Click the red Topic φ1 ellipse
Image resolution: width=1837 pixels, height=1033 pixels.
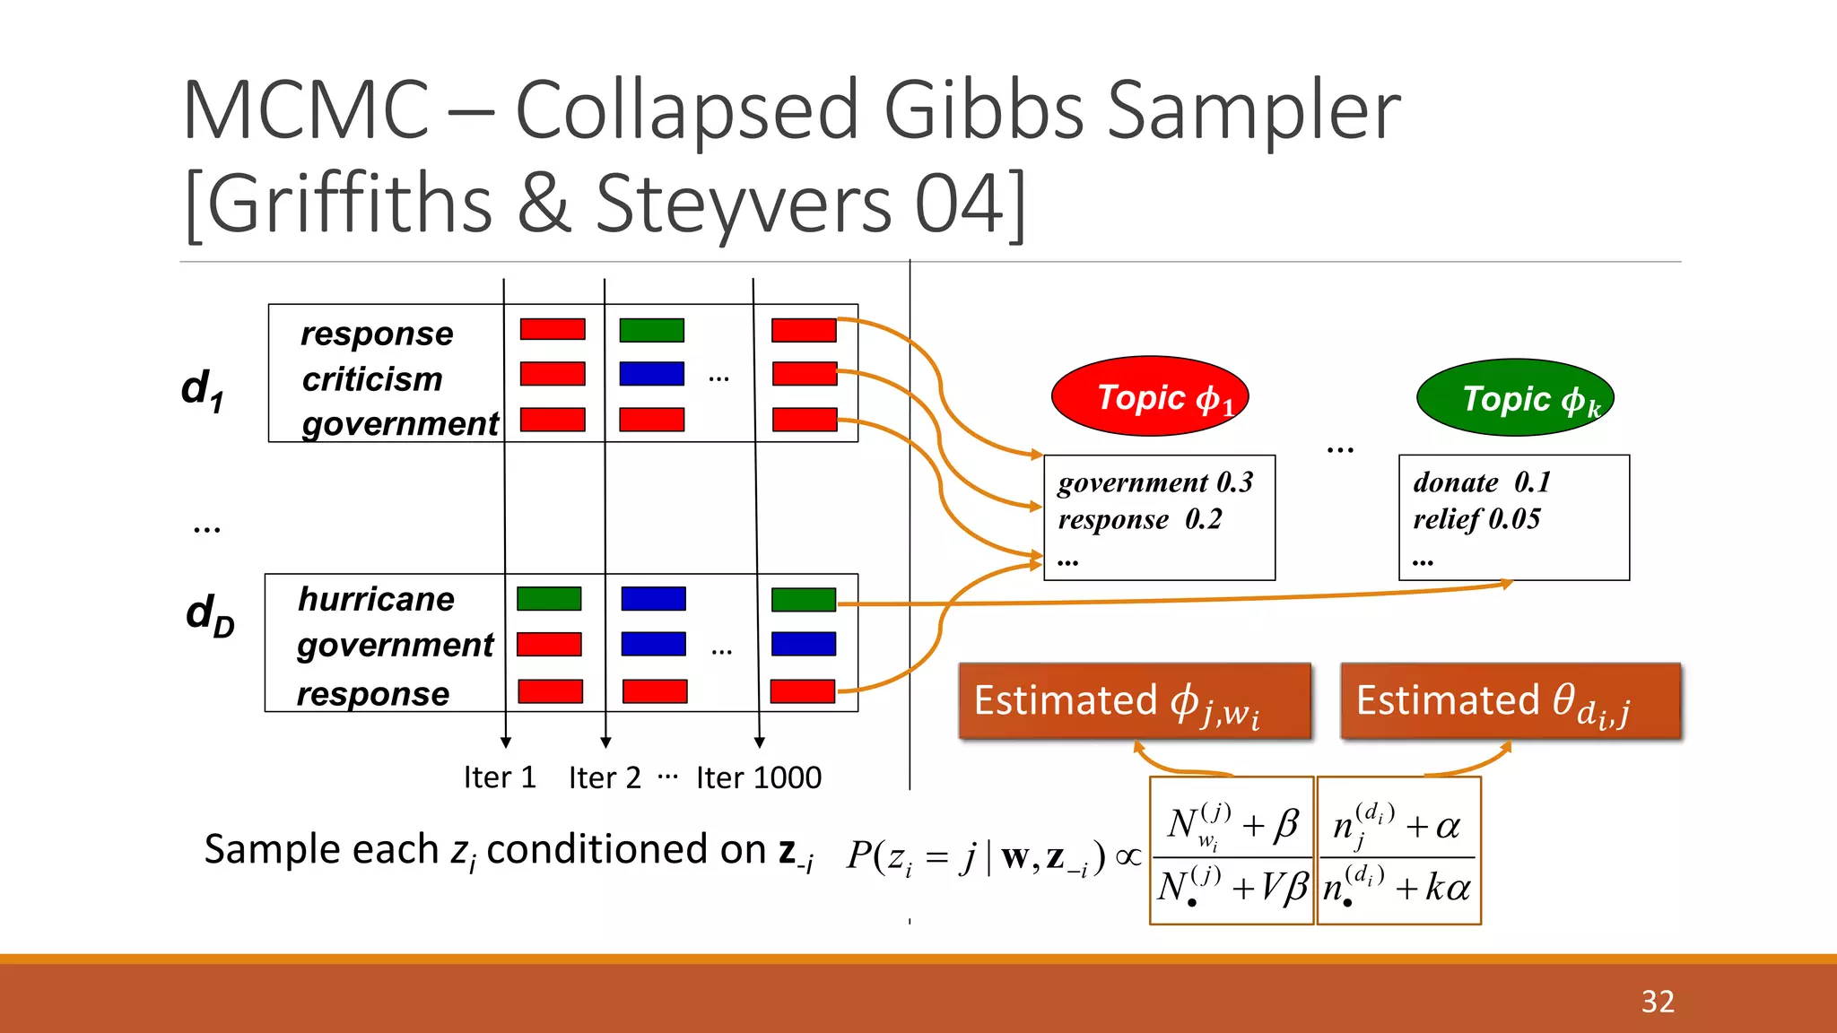[x=1149, y=396]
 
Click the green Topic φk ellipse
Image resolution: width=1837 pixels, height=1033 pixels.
[x=1515, y=397]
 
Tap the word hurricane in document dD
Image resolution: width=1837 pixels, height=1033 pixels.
[x=376, y=599]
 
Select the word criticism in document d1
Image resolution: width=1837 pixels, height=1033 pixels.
[x=372, y=378]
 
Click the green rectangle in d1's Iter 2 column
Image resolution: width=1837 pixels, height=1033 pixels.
[x=651, y=330]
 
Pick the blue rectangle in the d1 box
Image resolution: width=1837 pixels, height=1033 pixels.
[x=651, y=374]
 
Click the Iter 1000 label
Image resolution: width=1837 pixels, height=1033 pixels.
[x=759, y=777]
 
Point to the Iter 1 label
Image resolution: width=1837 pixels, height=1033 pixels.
[x=500, y=777]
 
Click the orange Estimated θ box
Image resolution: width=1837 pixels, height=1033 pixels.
[x=1510, y=701]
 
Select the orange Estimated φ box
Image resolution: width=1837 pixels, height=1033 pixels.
[x=1134, y=701]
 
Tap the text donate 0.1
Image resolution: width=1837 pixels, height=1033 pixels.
[x=1482, y=482]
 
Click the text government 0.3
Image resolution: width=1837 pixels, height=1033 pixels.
[x=1155, y=482]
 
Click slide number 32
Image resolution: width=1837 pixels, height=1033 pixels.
[x=1658, y=1001]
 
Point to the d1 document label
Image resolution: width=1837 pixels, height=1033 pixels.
[x=203, y=390]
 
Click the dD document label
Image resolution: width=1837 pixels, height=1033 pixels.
[x=210, y=615]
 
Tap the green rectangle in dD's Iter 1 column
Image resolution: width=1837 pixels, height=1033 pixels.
[x=549, y=598]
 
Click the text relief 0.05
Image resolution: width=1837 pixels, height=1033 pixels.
[x=1476, y=519]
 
